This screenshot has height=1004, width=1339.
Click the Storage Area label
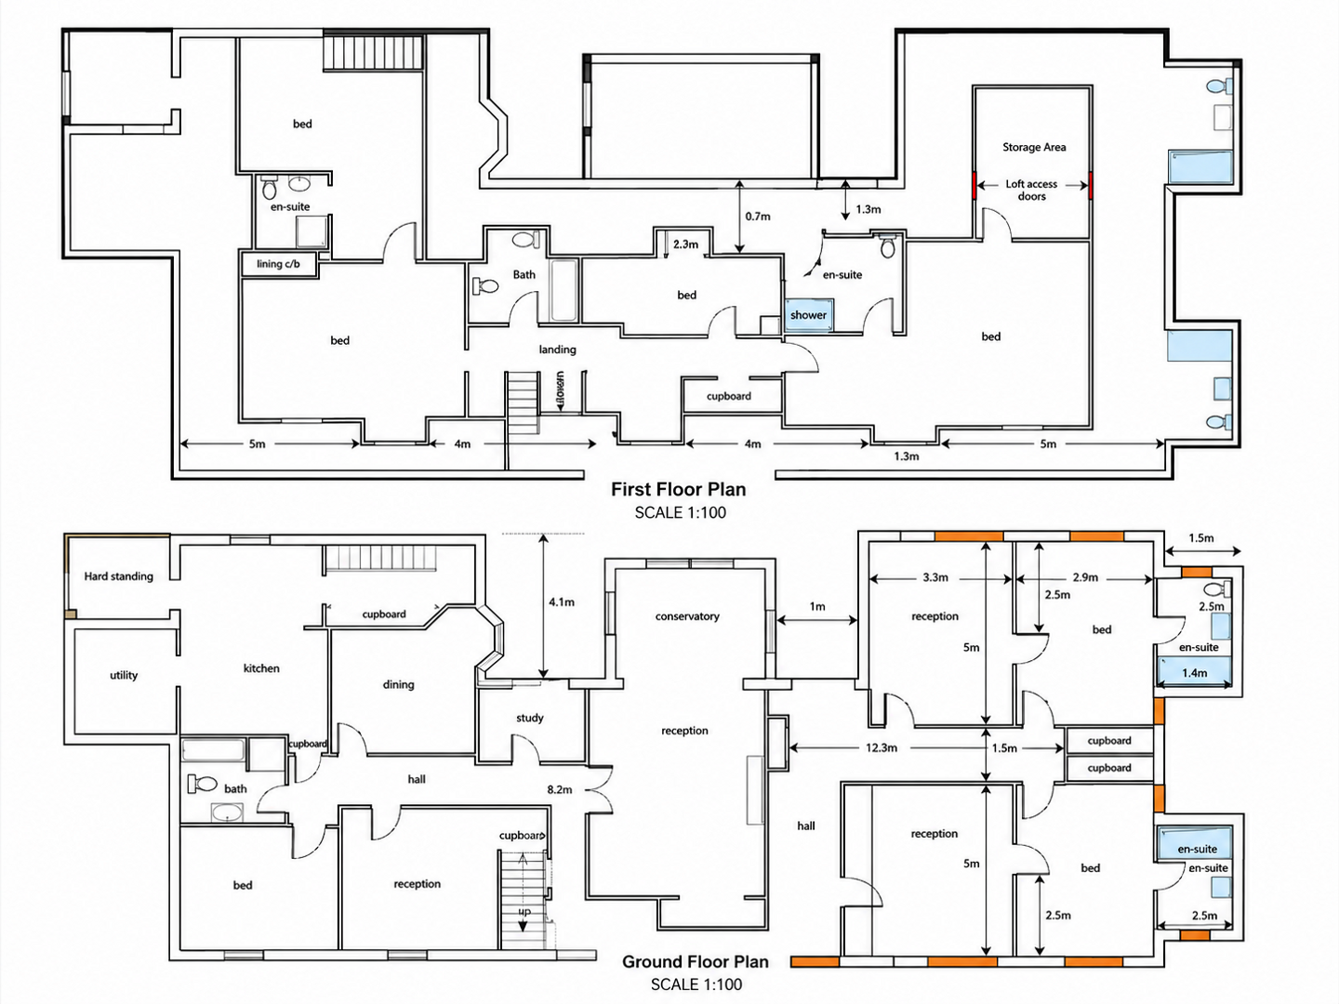(1034, 147)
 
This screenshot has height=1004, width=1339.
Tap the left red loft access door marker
(974, 185)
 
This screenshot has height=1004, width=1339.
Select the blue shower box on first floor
(807, 315)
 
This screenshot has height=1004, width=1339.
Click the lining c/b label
(278, 264)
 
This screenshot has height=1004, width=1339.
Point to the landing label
(557, 350)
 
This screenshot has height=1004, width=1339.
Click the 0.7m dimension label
(758, 217)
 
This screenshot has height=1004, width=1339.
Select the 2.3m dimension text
(685, 244)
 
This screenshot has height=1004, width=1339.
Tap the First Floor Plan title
(678, 489)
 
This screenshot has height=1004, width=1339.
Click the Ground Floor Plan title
(696, 961)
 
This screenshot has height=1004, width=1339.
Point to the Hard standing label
(118, 576)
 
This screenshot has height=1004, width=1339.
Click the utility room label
(124, 675)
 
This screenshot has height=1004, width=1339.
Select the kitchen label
(261, 668)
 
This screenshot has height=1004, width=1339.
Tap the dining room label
(398, 684)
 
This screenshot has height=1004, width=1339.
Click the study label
(530, 718)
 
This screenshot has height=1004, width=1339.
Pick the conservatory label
(687, 616)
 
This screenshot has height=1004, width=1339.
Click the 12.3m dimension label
(882, 747)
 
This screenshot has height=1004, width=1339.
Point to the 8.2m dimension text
(560, 789)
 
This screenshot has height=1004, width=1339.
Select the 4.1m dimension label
(562, 602)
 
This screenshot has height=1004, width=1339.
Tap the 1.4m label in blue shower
(1195, 673)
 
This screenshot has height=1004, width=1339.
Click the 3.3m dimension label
(935, 577)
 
